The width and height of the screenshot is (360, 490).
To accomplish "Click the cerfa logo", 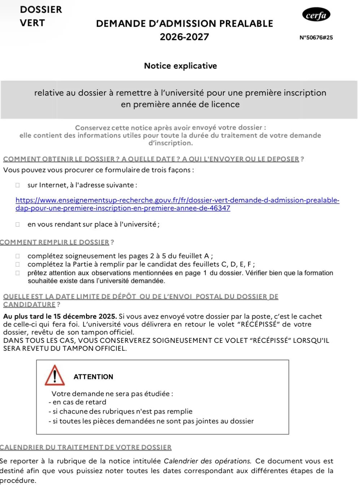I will (x=316, y=15).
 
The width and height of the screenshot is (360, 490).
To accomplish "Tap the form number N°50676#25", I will (x=316, y=38).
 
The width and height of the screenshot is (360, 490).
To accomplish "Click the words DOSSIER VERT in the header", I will (x=41, y=16).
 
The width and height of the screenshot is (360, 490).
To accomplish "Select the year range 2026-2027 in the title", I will (x=184, y=37).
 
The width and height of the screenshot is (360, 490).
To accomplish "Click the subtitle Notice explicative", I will (x=180, y=66).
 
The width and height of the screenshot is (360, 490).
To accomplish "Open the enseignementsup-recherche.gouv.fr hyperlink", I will (x=177, y=200).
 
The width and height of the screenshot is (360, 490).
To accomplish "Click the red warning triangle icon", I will (x=55, y=376).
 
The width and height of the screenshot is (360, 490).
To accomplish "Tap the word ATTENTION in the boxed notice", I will (x=93, y=377).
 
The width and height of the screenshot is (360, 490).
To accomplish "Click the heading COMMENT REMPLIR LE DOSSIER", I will (x=54, y=242).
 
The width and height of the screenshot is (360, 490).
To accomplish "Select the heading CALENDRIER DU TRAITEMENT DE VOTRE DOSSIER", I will (x=86, y=447).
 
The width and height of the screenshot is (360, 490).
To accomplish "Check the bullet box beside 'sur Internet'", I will (x=17, y=185).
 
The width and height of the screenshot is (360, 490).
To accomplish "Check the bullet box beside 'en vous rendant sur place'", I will (x=17, y=224).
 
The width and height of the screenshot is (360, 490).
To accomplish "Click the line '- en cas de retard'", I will (x=77, y=402).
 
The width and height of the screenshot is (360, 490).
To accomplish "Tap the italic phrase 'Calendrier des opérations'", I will (x=207, y=461).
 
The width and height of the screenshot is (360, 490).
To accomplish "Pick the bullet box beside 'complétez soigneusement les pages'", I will (x=17, y=256).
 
